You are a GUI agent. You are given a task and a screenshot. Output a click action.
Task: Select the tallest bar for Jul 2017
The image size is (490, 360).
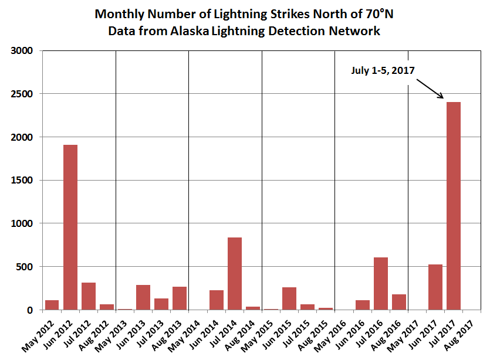[x=453, y=206]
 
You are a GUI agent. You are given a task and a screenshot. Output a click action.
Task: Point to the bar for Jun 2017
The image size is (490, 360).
[x=435, y=287]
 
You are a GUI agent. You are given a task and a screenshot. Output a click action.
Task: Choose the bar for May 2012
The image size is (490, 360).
[x=52, y=305]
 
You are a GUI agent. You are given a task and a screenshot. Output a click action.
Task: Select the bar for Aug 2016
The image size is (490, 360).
[x=398, y=302]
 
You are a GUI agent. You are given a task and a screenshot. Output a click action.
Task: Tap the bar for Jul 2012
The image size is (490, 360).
[x=89, y=296]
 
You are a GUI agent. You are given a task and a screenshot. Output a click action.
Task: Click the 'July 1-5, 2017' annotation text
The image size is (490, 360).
[x=383, y=70]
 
